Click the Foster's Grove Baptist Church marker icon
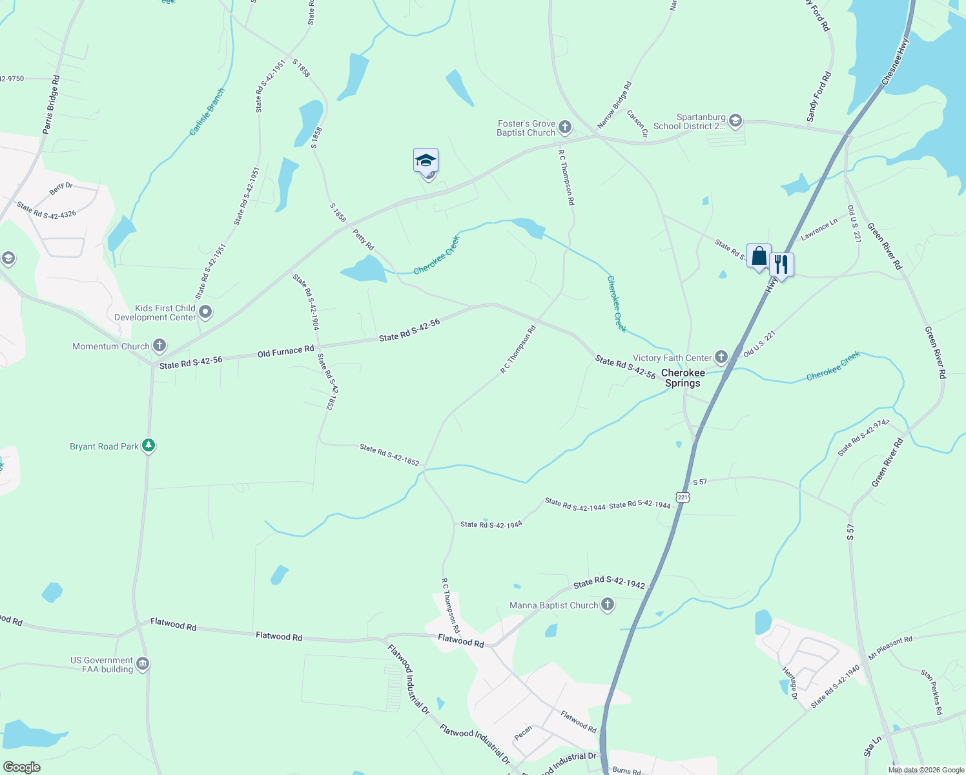(565, 127)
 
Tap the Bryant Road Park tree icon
(149, 446)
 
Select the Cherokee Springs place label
(683, 378)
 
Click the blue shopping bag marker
(759, 257)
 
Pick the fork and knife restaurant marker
(781, 265)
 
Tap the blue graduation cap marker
(426, 160)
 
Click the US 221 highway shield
(683, 497)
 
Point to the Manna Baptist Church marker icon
(607, 605)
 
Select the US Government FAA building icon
(143, 664)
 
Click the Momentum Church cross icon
(159, 346)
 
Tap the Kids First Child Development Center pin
(205, 313)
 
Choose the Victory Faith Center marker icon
(721, 357)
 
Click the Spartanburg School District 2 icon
(735, 121)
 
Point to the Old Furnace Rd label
(285, 351)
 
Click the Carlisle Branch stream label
(207, 112)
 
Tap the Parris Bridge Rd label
(52, 105)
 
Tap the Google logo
(21, 767)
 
